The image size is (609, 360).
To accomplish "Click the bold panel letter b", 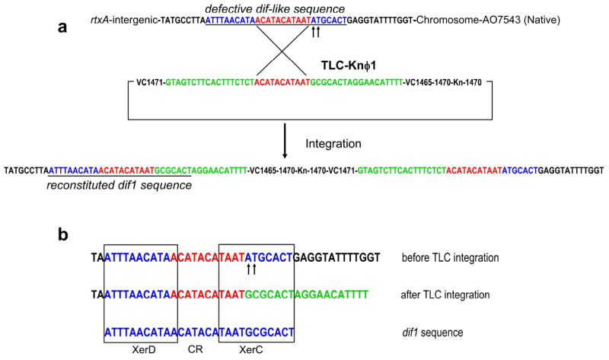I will [x=66, y=235].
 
